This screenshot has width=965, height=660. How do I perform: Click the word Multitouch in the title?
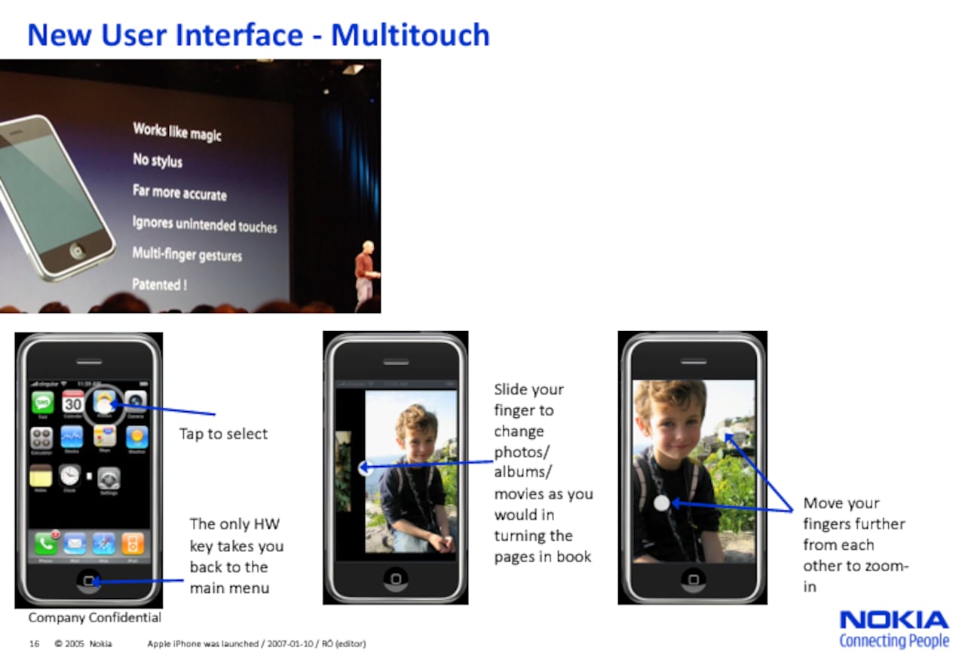coord(410,35)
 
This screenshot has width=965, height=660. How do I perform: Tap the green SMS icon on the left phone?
coord(42,402)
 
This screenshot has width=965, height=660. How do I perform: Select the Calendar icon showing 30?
coord(73,403)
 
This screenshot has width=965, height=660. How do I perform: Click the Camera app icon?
coord(136,402)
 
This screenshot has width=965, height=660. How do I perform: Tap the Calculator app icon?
coord(41,437)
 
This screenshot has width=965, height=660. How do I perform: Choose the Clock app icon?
coord(70,475)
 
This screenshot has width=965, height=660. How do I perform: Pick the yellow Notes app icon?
coord(41,476)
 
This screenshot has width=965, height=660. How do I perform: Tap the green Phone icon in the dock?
coord(45,543)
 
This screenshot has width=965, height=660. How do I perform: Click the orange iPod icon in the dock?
coord(133,543)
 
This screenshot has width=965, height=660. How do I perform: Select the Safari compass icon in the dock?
coord(103,543)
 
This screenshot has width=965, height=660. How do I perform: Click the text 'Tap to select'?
coord(223,434)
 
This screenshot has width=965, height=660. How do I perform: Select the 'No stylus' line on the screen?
coord(158,160)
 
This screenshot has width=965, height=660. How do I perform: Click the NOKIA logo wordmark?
coord(893,620)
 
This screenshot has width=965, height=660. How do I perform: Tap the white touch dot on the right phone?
coord(661,503)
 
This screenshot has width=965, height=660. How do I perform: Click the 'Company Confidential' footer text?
coord(95,618)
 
